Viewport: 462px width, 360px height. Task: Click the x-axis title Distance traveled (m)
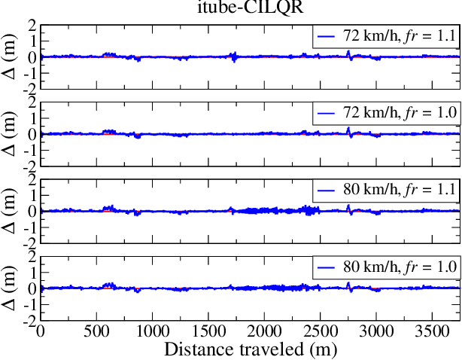pyautogui.click(x=247, y=349)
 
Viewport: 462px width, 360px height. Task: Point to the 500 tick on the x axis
pyautogui.click(x=97, y=332)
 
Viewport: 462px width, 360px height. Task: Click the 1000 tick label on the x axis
pyautogui.click(x=153, y=332)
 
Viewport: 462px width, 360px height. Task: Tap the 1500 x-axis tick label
pyautogui.click(x=208, y=332)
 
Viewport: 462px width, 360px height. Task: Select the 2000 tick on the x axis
pyautogui.click(x=265, y=332)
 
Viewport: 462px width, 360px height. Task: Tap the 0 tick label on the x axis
pyautogui.click(x=41, y=332)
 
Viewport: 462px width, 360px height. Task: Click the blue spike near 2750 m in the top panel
pyautogui.click(x=348, y=53)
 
